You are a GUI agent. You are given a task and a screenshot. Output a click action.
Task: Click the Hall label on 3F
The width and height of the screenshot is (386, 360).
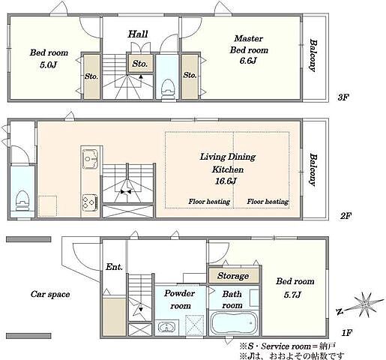click(138, 34)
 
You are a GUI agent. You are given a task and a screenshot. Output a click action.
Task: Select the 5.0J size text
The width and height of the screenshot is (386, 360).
click(48, 64)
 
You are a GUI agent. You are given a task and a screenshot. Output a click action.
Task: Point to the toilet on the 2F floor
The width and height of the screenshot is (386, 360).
click(22, 201)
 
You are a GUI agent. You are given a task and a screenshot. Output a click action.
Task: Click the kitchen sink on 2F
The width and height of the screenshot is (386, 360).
click(90, 158)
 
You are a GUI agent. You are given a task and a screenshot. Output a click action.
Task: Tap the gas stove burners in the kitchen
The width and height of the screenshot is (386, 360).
click(90, 202)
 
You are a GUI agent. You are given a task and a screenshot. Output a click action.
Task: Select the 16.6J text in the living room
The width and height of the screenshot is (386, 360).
click(226, 181)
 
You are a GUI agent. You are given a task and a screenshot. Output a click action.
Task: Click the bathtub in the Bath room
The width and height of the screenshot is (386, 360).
click(234, 323)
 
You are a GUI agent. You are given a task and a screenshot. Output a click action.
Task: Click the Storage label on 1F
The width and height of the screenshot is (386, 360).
click(233, 276)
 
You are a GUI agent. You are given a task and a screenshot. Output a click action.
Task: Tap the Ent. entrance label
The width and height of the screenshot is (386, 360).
click(114, 267)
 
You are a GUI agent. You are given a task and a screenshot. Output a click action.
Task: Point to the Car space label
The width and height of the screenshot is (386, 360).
click(50, 294)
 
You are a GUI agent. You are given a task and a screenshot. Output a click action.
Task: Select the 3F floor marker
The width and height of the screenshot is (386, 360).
click(343, 97)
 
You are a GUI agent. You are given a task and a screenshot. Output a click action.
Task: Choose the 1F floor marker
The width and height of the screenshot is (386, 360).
click(346, 333)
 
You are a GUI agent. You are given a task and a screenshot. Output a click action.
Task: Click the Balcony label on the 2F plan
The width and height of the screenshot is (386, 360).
click(313, 169)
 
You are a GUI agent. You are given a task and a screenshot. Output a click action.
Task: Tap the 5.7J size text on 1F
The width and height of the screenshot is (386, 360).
click(292, 295)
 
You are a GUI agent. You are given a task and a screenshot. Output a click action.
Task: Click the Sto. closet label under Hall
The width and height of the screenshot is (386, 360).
click(139, 64)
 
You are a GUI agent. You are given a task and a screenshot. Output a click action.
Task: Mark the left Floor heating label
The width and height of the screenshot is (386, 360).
click(209, 202)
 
